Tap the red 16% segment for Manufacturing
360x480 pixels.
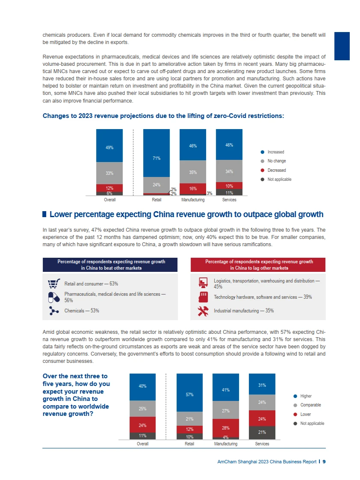tap(193, 188)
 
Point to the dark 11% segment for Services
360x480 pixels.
tap(229, 192)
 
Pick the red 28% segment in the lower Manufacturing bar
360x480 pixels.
tap(226, 427)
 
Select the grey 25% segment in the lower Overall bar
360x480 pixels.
tap(142, 409)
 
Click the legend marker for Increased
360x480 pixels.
tap(263, 152)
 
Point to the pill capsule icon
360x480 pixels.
tap(53, 297)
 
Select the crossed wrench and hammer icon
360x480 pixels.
tap(203, 311)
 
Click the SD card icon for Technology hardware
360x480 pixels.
tap(203, 297)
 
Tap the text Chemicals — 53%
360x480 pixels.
tap(81, 311)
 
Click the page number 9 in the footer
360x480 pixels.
tap(324, 462)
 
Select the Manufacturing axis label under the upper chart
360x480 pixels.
tap(193, 200)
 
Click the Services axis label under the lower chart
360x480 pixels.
tap(262, 444)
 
